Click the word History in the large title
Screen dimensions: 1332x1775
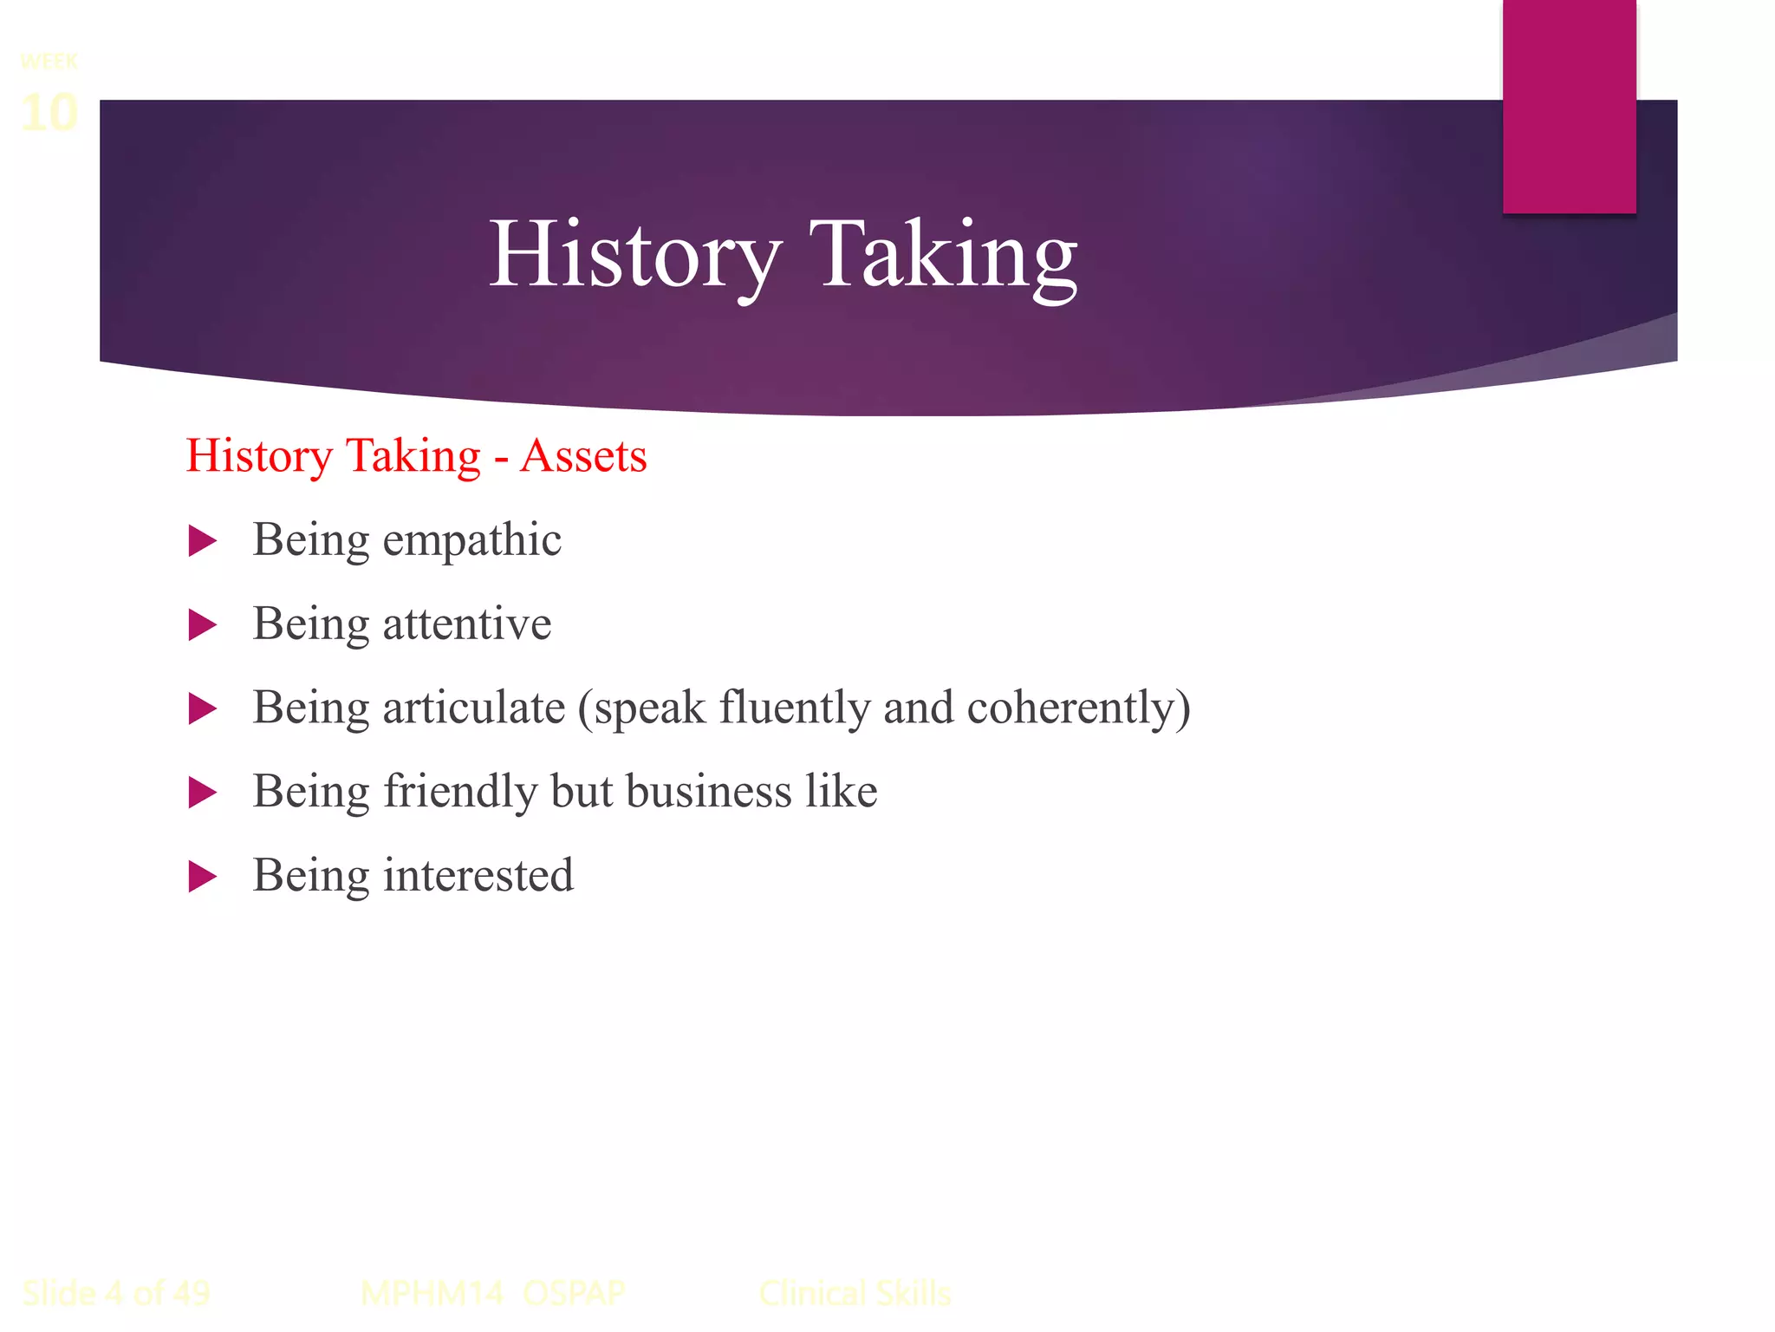[x=635, y=255]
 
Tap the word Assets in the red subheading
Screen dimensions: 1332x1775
[x=583, y=456]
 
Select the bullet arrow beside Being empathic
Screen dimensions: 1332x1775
[x=202, y=541]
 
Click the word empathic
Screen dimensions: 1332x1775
[x=472, y=541]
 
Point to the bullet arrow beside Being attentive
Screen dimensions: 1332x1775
[x=202, y=625]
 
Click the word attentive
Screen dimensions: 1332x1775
[x=467, y=624]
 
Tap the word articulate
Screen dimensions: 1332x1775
[x=474, y=708]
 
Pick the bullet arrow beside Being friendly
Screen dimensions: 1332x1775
[x=202, y=792]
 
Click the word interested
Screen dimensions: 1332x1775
[x=478, y=875]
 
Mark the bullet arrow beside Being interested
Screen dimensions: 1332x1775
[x=202, y=876]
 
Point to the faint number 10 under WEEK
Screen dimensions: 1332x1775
[x=49, y=113]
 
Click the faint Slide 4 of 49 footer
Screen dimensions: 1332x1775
[x=115, y=1293]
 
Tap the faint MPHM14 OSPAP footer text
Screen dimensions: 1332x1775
[x=491, y=1293]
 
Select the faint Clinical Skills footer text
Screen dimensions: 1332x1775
[x=855, y=1293]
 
